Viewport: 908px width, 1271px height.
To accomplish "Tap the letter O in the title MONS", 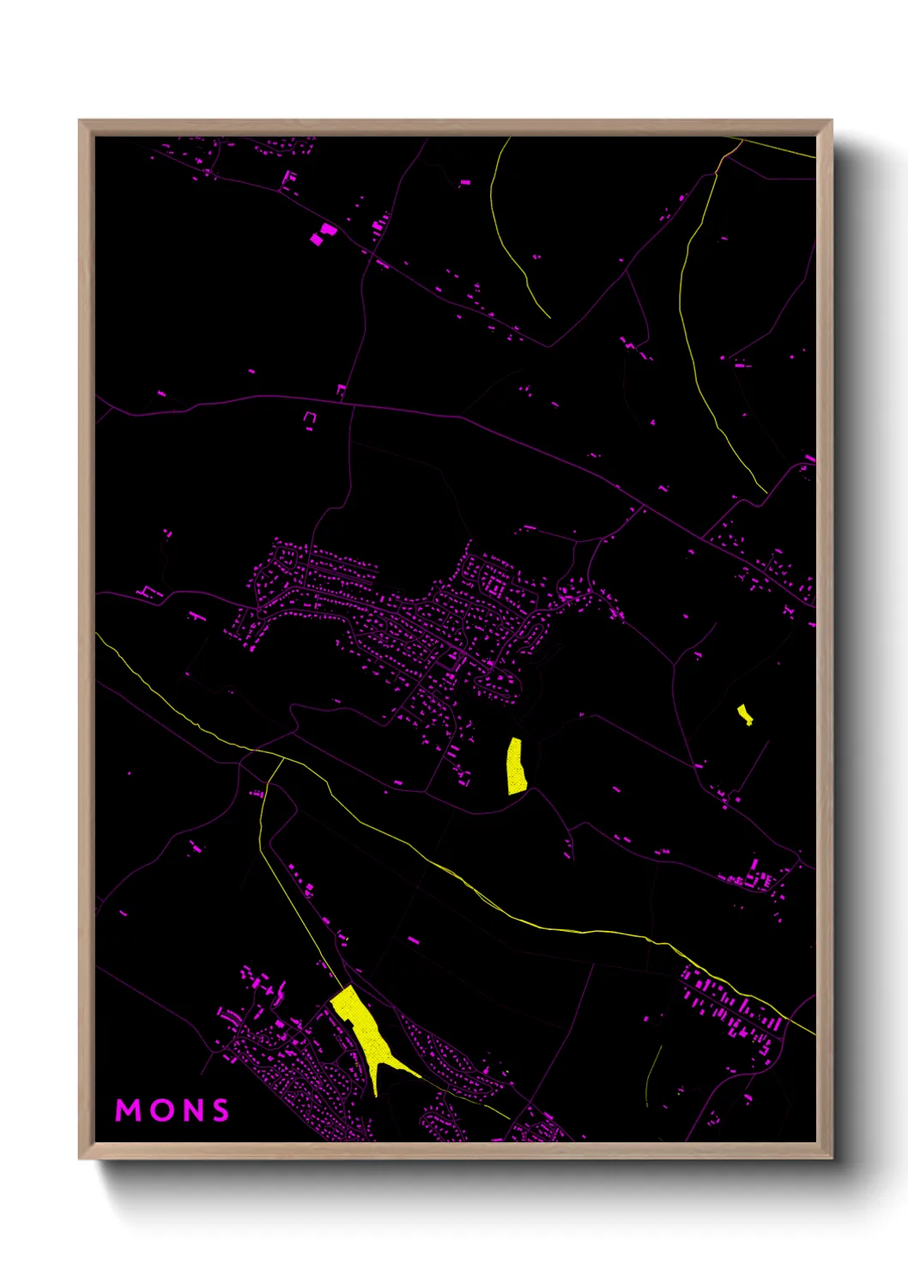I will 162,1110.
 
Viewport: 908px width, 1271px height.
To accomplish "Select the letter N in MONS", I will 193,1110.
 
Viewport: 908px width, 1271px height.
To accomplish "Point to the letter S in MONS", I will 221,1110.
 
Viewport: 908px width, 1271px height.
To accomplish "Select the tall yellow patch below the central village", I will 516,766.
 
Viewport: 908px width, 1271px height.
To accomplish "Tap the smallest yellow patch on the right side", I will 744,714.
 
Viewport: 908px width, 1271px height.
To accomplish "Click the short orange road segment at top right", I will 729,155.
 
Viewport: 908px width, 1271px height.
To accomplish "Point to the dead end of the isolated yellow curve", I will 549,318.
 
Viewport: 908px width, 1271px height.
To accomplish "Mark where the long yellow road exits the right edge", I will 814,1034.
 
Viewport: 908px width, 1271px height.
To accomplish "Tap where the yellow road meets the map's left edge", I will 97,635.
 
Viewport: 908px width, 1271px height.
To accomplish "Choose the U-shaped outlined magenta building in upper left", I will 310,417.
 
